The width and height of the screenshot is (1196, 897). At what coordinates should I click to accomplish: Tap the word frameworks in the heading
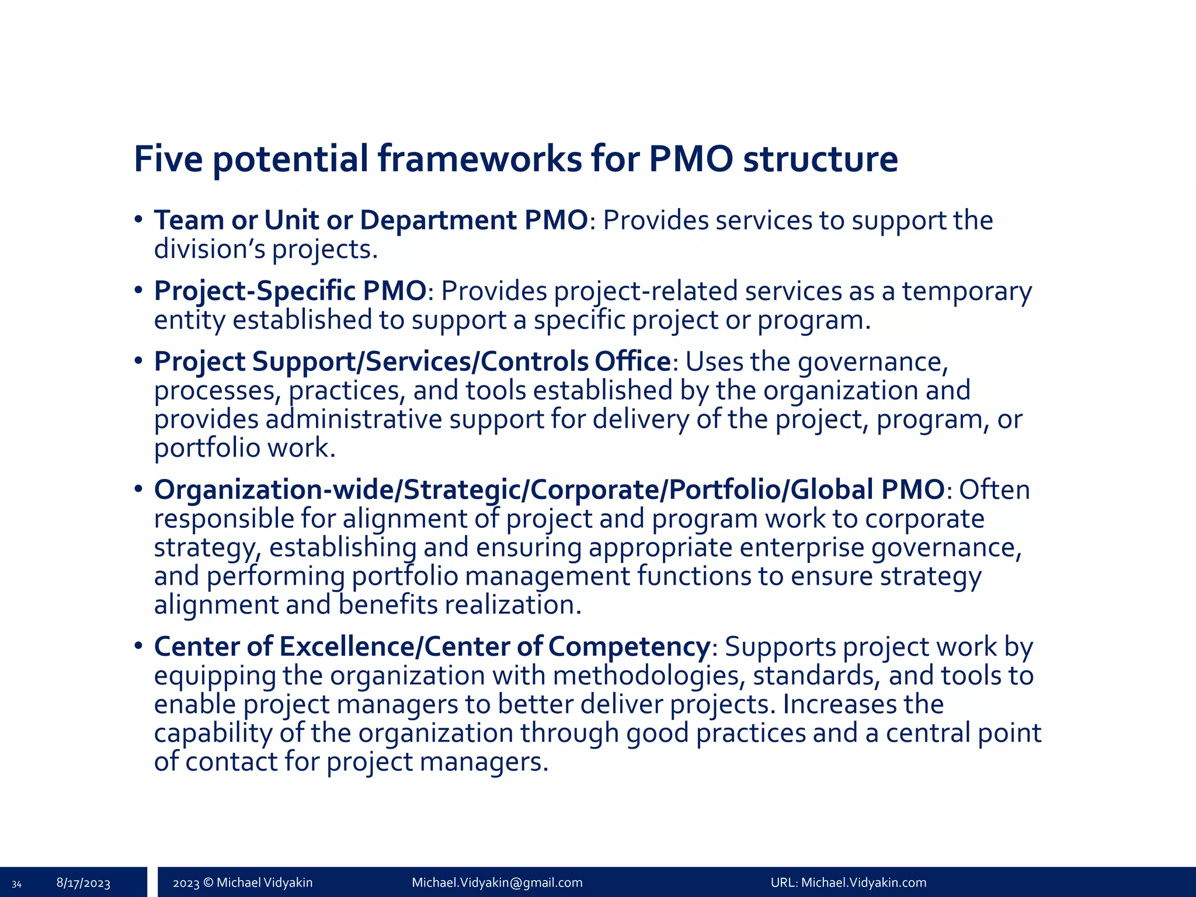479,158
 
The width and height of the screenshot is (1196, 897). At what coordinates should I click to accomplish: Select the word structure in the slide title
820,158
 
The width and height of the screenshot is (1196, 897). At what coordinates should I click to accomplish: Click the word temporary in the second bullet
967,291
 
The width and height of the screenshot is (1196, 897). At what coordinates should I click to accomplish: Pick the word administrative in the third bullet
354,419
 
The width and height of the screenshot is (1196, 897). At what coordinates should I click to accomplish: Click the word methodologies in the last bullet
649,676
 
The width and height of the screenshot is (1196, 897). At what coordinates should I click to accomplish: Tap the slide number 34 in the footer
17,884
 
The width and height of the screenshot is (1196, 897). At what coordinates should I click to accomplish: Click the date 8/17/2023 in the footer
84,883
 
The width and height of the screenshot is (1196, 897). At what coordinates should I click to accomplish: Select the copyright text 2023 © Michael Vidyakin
243,882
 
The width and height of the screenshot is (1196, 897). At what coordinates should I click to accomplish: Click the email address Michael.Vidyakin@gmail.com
497,882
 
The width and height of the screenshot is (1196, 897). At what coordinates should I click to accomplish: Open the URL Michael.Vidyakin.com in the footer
864,882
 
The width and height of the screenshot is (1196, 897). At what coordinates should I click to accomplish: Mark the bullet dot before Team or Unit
138,220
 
